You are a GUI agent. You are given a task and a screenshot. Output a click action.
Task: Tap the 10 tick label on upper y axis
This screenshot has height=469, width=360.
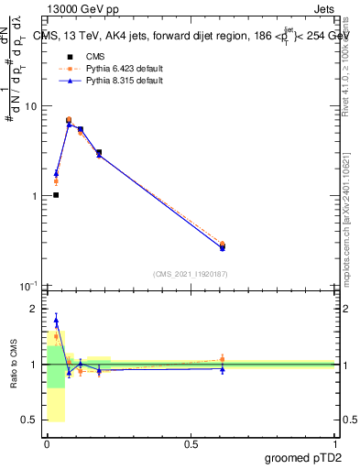(30, 106)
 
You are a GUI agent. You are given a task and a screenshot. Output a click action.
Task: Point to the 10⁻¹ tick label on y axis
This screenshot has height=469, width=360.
(28, 286)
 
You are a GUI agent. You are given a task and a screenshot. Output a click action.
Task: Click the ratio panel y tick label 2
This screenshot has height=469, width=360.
(36, 309)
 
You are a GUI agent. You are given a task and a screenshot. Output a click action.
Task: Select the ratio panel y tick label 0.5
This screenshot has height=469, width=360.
(32, 420)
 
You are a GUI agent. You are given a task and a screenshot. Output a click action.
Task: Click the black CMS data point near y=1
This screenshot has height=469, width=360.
(56, 195)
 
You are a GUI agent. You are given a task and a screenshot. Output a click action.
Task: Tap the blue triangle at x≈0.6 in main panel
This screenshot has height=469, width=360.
(223, 247)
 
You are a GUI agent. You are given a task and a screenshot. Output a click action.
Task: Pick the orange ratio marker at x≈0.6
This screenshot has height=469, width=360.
(223, 359)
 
